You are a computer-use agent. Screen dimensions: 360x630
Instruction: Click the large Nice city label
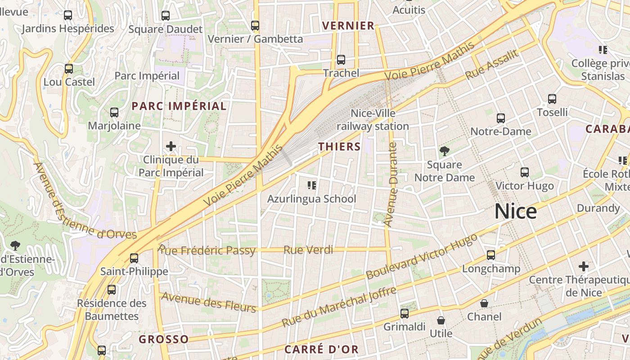pyautogui.click(x=516, y=211)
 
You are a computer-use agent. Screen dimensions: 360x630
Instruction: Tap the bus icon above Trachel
pyautogui.click(x=341, y=60)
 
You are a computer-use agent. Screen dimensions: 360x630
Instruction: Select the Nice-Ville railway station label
pyautogui.click(x=373, y=120)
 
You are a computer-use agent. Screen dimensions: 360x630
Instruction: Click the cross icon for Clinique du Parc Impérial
pyautogui.click(x=171, y=146)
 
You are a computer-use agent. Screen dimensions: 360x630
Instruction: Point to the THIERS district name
pyautogui.click(x=340, y=147)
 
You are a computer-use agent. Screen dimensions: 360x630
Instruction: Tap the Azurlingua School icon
pyautogui.click(x=311, y=185)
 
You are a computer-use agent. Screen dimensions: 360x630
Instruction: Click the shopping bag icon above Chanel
pyautogui.click(x=484, y=303)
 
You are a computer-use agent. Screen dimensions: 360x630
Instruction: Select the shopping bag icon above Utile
pyautogui.click(x=441, y=320)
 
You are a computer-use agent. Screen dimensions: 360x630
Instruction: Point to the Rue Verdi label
pyautogui.click(x=308, y=250)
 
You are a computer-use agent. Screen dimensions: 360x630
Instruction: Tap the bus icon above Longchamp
pyautogui.click(x=491, y=255)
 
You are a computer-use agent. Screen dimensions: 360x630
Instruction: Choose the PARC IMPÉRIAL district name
pyautogui.click(x=179, y=106)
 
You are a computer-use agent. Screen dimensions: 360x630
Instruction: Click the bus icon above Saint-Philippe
pyautogui.click(x=134, y=258)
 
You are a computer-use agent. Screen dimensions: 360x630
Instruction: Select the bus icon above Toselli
pyautogui.click(x=552, y=99)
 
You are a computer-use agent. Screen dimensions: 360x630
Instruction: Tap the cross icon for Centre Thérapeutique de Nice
pyautogui.click(x=584, y=266)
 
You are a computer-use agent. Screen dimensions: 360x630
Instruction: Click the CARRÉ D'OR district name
pyautogui.click(x=321, y=350)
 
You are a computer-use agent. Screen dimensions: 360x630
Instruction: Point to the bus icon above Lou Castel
pyautogui.click(x=69, y=69)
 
